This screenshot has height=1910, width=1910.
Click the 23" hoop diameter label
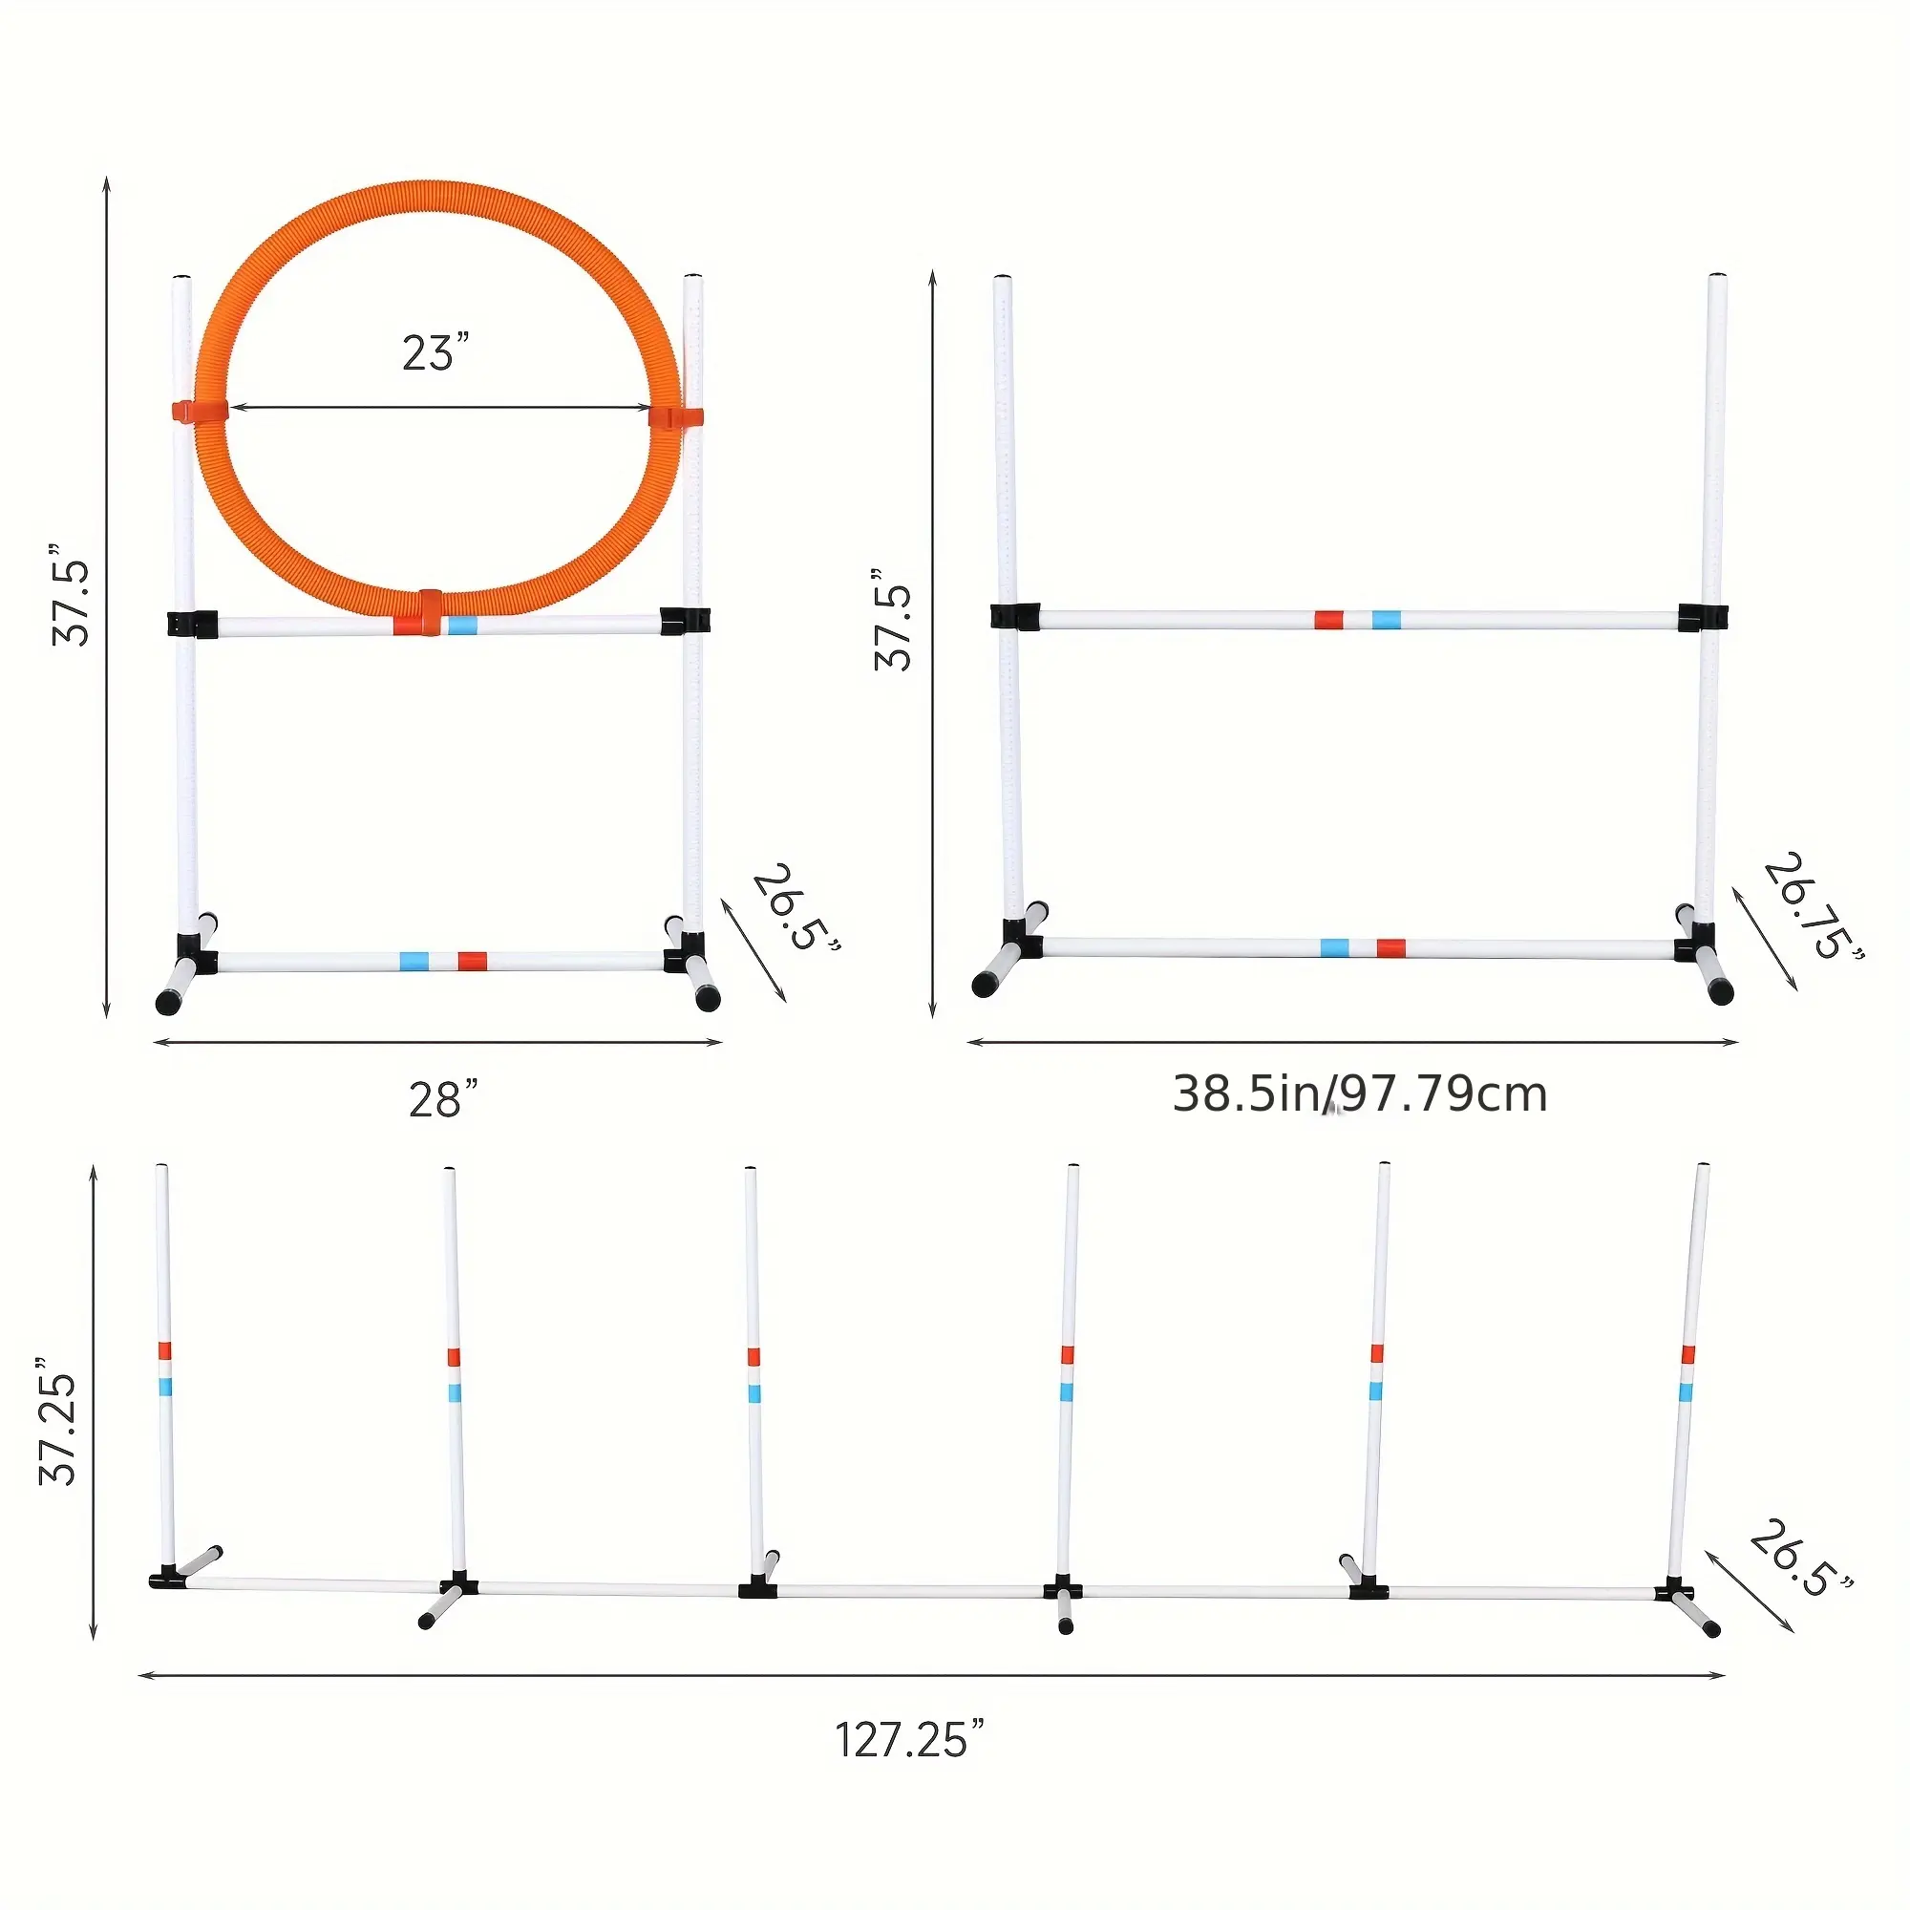[x=435, y=353]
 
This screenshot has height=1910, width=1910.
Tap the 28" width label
[x=443, y=1099]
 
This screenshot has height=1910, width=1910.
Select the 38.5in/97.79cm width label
[x=1359, y=1094]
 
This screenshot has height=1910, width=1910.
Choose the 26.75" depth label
[x=1814, y=908]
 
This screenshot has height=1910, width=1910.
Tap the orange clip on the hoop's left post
[x=199, y=411]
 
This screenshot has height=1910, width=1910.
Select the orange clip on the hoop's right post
[x=676, y=416]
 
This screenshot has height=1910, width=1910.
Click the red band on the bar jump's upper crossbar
[x=1327, y=620]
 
